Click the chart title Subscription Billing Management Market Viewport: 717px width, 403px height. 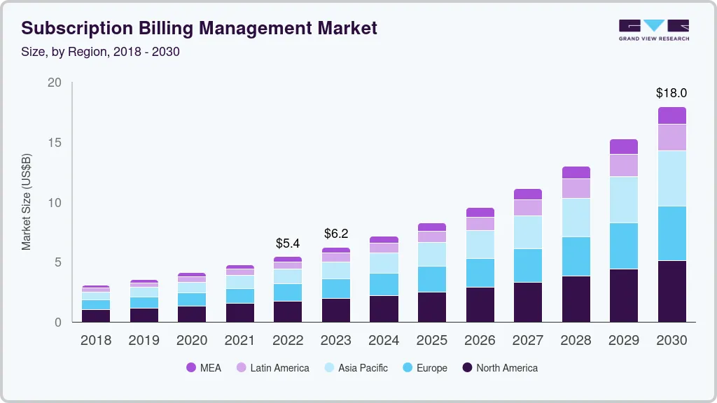click(200, 28)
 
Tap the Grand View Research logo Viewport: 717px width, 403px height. click(653, 29)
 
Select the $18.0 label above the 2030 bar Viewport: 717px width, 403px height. click(671, 92)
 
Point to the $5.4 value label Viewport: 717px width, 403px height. click(288, 243)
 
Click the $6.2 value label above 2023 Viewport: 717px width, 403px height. click(335, 234)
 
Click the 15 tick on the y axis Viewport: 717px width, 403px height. click(55, 143)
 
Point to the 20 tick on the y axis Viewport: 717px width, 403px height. click(55, 83)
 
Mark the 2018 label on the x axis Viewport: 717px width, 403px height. click(95, 340)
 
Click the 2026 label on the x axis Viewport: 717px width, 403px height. click(480, 340)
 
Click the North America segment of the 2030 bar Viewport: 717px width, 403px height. click(671, 291)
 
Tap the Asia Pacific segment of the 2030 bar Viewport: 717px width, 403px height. click(671, 178)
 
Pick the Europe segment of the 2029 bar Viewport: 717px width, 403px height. click(624, 246)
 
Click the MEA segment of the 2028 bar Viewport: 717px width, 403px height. click(576, 173)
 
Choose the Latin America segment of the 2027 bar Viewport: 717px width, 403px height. click(528, 208)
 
